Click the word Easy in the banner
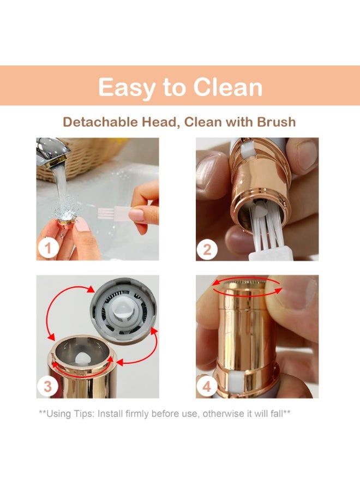point(126,88)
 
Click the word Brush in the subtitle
point(277,122)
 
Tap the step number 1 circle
point(48,248)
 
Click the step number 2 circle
point(207,250)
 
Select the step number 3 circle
point(47,386)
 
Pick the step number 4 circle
point(207,387)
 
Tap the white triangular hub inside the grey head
point(122,311)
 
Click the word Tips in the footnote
point(83,414)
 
